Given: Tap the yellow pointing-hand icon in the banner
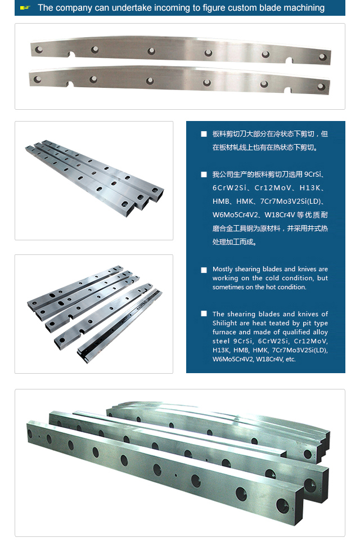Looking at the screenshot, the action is coord(25,8).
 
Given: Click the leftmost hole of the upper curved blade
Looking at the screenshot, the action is coord(39,50).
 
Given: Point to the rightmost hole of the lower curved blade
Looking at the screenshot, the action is coord(321,87).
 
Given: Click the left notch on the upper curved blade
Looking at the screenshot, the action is coord(71,55).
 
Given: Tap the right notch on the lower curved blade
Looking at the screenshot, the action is coord(287,91).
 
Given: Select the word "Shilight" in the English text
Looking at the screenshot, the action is coord(225,323).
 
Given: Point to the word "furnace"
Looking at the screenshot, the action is coord(224,332).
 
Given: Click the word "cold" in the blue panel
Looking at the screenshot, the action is coord(272,278).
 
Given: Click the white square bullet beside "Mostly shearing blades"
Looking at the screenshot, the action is coord(204,270).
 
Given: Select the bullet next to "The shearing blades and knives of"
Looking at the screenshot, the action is coord(204,313).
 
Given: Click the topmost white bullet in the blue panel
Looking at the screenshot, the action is coord(204,134).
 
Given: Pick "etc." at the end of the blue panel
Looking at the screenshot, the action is coord(291,360).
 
